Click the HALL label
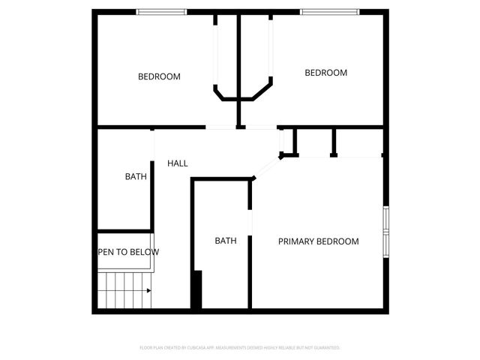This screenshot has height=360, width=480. [178, 163]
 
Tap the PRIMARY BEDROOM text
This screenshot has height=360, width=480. [318, 241]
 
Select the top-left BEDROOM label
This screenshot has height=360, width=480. [159, 76]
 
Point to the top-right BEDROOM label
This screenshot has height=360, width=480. [325, 73]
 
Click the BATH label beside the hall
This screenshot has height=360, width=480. [136, 177]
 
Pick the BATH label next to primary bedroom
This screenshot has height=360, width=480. [226, 241]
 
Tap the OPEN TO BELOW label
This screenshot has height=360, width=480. [128, 253]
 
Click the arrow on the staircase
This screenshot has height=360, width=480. [148, 290]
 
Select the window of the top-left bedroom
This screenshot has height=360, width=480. [161, 12]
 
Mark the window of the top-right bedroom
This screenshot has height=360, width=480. [329, 12]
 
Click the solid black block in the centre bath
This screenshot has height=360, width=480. [196, 289]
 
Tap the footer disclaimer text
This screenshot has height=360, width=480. [240, 348]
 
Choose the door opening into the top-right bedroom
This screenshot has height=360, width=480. [259, 128]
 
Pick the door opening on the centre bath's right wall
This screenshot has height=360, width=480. [250, 225]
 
